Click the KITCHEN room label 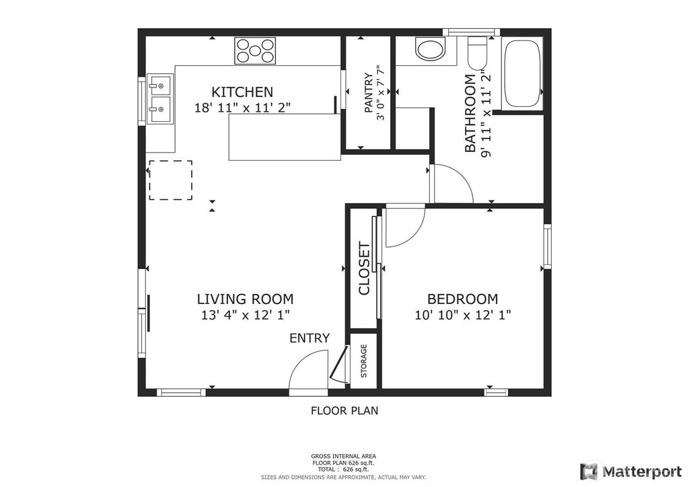tap(242, 92)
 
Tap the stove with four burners tap(255, 50)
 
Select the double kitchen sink tap(159, 99)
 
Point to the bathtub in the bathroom tap(521, 73)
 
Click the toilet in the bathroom tap(478, 53)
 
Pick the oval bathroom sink tap(430, 49)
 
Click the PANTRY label tap(369, 93)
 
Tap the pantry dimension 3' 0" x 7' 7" tap(381, 93)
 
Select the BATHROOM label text tap(470, 113)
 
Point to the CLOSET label tap(364, 268)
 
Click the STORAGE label tap(364, 361)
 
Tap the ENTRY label tap(310, 338)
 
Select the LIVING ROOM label tap(245, 299)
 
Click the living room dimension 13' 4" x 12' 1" tap(245, 315)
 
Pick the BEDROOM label tap(463, 299)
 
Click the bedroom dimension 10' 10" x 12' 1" tap(463, 315)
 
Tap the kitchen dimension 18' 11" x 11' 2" tap(242, 108)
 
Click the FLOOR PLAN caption tap(344, 410)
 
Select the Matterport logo tap(631, 472)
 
